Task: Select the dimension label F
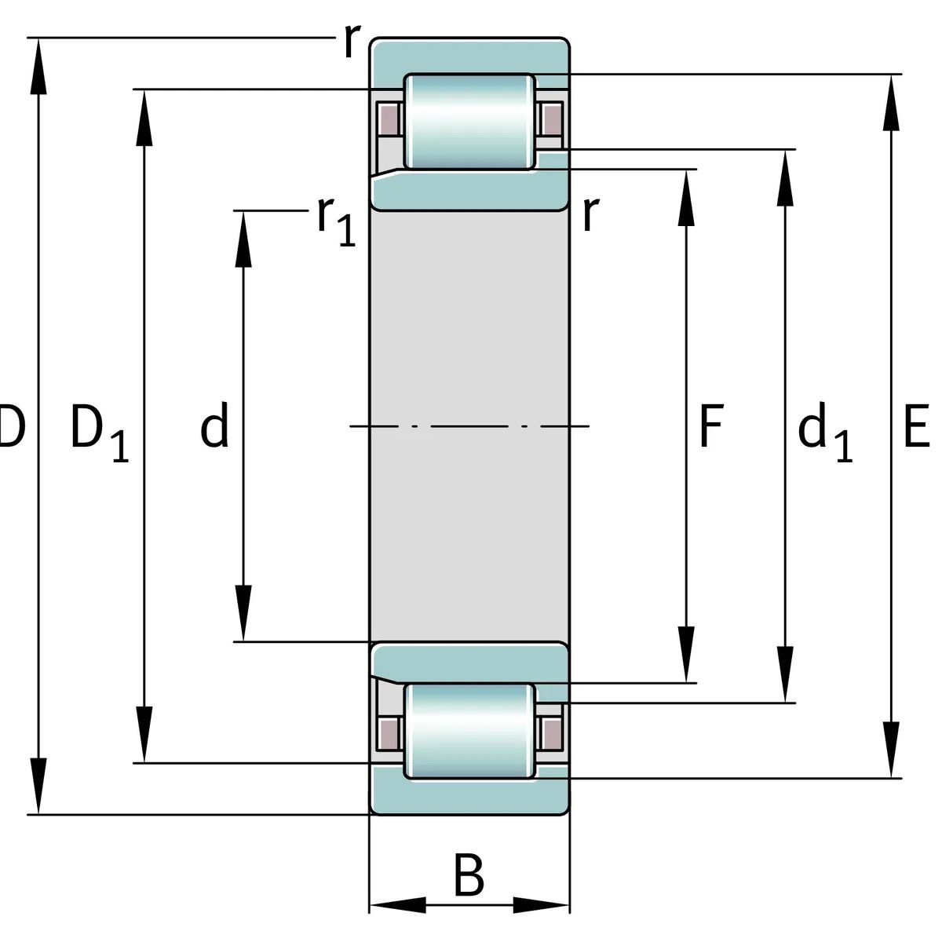point(711,425)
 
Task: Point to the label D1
point(99,433)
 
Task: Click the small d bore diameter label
point(214,425)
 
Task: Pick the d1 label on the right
point(825,432)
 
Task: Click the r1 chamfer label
point(336,221)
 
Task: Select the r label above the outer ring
point(352,41)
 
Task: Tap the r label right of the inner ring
point(590,214)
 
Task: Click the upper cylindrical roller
point(469,122)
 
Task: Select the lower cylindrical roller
point(469,731)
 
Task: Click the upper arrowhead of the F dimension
point(686,198)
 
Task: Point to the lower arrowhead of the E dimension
point(891,750)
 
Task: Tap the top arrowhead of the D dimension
point(38,66)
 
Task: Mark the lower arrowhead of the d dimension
point(243,613)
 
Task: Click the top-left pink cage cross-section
point(389,119)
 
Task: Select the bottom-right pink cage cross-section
point(553,734)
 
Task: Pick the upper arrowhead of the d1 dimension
point(785,178)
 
